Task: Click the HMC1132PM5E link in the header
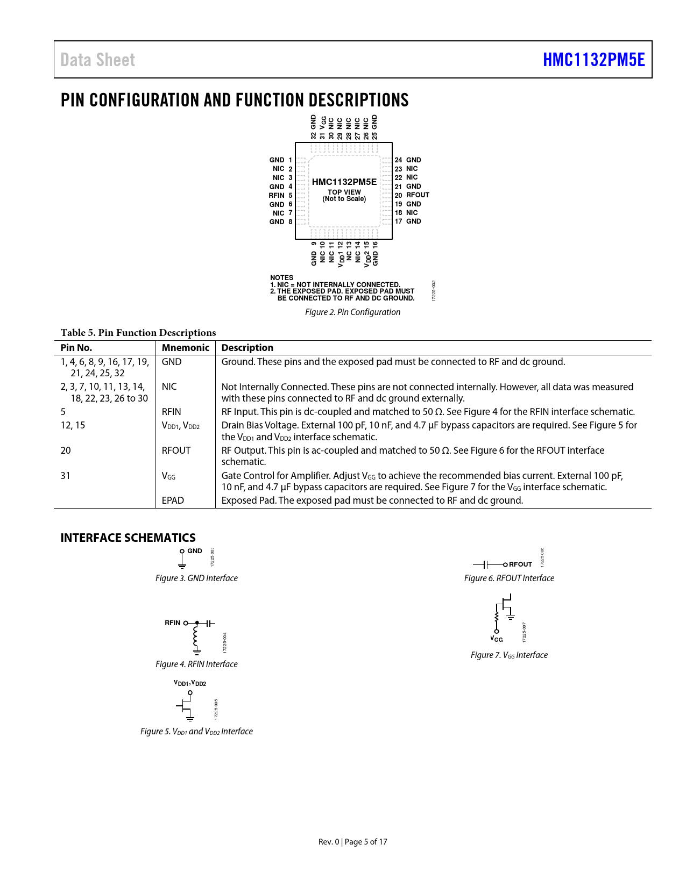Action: [593, 60]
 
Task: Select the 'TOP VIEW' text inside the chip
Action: [344, 192]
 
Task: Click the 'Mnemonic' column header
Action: [185, 348]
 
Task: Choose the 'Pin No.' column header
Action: [76, 348]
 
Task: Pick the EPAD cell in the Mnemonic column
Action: [173, 500]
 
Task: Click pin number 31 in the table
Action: [66, 476]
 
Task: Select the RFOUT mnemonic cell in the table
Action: [176, 450]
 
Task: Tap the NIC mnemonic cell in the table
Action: [169, 387]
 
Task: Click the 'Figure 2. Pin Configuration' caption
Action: [352, 312]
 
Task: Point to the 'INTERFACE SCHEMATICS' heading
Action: [128, 538]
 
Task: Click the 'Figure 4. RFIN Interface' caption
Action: [196, 664]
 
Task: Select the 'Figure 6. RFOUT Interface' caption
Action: [509, 578]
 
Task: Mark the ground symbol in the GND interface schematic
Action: [182, 565]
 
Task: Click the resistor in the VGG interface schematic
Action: [497, 616]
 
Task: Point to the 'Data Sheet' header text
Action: [98, 60]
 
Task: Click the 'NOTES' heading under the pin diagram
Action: [281, 278]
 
